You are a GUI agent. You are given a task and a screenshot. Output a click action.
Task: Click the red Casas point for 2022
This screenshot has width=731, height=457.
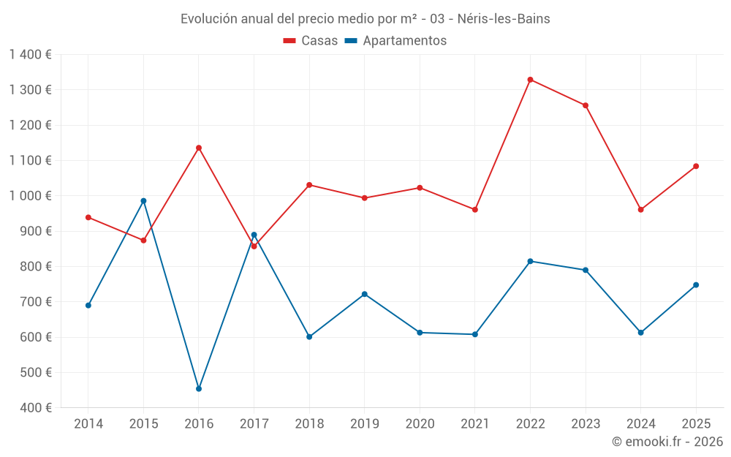(x=530, y=80)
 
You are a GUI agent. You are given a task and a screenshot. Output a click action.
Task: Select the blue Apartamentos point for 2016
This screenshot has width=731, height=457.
(x=199, y=389)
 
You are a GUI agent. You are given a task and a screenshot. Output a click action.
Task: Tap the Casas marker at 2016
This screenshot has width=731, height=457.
(x=199, y=148)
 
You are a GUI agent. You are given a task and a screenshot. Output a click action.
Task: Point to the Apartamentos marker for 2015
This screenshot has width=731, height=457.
(x=143, y=201)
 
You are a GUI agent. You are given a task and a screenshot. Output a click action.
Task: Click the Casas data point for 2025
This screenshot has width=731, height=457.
(x=696, y=166)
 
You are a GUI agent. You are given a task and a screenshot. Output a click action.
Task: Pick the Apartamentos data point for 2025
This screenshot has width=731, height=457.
(x=696, y=285)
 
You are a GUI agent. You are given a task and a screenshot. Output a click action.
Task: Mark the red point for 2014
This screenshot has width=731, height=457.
(x=88, y=217)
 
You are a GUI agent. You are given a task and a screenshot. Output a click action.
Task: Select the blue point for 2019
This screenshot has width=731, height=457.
(x=365, y=294)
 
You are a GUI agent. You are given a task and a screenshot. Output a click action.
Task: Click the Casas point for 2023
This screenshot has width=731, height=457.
(x=586, y=105)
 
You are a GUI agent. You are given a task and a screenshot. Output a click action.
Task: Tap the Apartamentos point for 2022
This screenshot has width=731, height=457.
(x=530, y=261)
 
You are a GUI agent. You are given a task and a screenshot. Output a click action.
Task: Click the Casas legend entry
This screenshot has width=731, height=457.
(x=311, y=41)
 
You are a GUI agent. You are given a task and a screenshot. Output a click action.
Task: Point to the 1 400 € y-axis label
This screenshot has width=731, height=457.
(x=31, y=55)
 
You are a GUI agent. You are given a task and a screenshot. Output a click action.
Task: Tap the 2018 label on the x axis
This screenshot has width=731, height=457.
(x=309, y=424)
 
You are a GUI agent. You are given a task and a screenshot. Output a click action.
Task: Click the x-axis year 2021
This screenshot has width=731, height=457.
(x=475, y=424)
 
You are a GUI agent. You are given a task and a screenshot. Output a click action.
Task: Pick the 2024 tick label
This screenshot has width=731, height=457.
(x=640, y=424)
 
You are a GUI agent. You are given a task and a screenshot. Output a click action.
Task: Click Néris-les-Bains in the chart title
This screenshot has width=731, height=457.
(x=504, y=19)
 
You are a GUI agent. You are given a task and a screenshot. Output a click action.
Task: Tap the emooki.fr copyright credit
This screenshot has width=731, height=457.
(x=667, y=442)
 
